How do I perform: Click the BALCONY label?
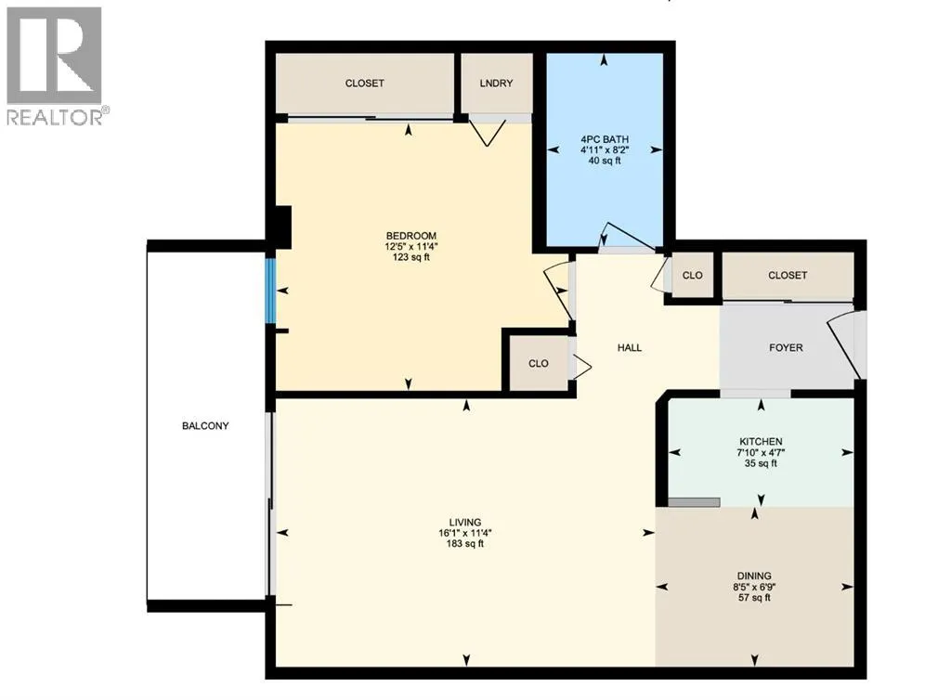point(205,426)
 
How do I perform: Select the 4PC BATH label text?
point(604,139)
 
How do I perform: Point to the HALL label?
point(630,348)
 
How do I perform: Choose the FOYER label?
point(785,348)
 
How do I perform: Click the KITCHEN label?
point(761,441)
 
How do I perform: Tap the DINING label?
point(754,576)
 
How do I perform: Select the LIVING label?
point(465,522)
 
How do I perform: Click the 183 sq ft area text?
point(465,544)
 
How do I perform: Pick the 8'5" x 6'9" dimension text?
point(754,587)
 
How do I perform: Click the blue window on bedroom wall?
point(270,291)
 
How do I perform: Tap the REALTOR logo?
point(55,65)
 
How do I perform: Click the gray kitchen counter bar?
point(694,501)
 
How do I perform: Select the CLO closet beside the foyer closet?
point(693,276)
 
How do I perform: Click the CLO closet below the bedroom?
point(539,363)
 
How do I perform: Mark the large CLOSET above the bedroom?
point(364,83)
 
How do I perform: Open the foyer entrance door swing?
point(845,344)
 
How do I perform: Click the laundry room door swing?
point(488,132)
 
